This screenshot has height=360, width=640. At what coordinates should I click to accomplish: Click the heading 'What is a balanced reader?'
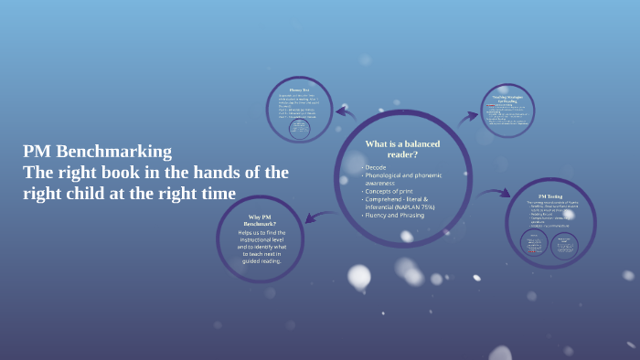[402, 150]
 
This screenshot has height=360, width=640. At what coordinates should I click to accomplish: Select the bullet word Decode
[376, 168]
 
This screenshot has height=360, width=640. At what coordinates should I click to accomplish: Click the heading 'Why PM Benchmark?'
[260, 220]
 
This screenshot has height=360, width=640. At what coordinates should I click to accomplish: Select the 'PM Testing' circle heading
[549, 196]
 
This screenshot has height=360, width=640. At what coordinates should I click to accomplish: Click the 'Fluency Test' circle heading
[299, 90]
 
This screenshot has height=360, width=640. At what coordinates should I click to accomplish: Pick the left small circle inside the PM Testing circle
[532, 244]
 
